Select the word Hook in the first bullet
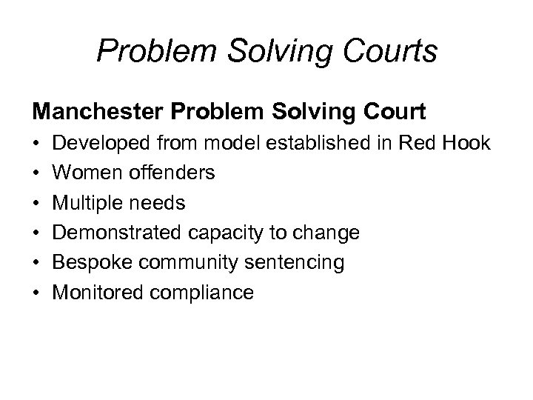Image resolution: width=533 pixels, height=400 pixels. click(467, 143)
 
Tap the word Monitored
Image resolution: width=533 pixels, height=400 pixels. click(97, 293)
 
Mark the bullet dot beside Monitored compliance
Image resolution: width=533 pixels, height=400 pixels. click(37, 293)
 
